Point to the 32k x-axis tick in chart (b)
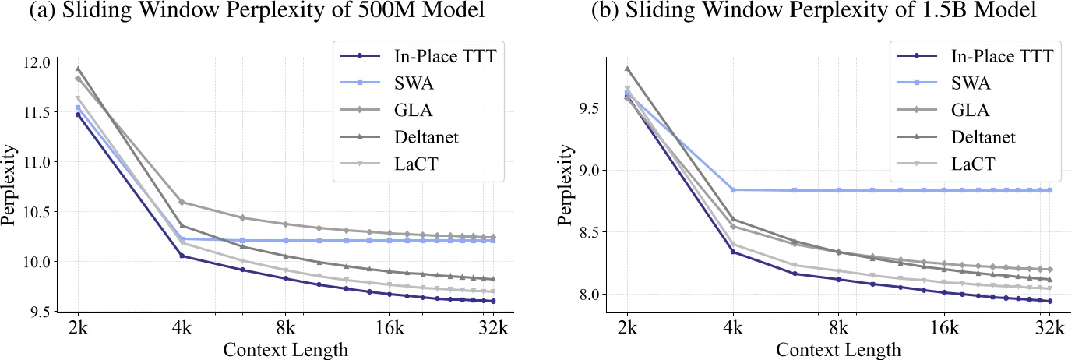coord(1049,327)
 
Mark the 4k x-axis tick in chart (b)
coord(732,327)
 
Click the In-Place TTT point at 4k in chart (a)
coord(182,256)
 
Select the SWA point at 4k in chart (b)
coord(732,189)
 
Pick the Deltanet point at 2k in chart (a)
coord(78,69)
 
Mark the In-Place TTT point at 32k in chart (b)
coord(1049,302)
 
